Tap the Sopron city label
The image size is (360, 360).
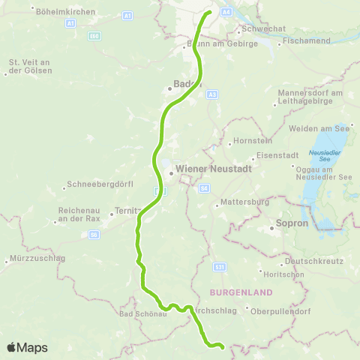292,223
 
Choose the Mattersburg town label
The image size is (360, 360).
244,202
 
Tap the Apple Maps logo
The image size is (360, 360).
27,348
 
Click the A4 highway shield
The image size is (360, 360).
227,13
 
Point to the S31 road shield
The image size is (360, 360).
220,266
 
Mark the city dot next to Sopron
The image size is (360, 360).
271,223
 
